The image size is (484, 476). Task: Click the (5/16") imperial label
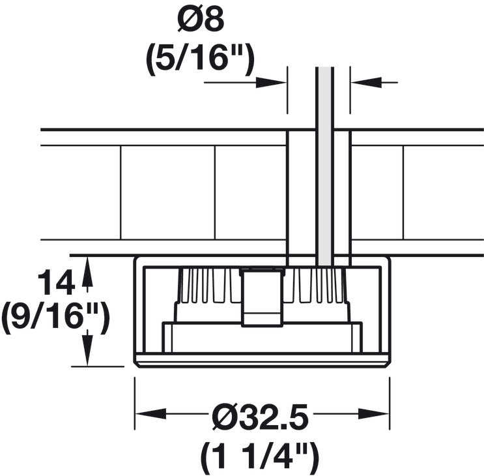[x=201, y=59]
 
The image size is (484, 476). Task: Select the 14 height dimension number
[x=56, y=282]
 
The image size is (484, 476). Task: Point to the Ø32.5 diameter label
[x=260, y=416]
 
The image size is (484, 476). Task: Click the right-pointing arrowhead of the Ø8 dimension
[x=271, y=82]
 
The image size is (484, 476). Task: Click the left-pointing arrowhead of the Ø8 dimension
[x=366, y=82]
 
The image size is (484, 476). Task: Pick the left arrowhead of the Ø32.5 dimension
[x=150, y=413]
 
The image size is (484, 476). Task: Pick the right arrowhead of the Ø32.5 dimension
[x=373, y=413]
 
